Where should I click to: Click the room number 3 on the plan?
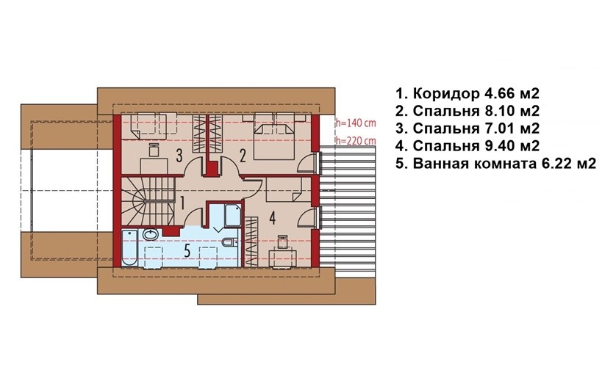179,156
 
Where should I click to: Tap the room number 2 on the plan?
243,156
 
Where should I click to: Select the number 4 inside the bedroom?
272,218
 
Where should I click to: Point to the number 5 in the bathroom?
187,250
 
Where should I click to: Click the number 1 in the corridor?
182,203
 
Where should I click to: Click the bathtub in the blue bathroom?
129,248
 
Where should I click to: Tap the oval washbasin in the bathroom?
151,234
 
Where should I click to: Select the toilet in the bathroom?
229,242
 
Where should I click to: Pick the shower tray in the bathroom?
233,216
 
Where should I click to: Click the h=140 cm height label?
355,123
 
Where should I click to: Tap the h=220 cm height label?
355,141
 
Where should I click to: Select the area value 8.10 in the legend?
499,111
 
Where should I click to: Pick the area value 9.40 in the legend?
499,146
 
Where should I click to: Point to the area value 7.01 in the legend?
499,128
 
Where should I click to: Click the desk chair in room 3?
154,150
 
